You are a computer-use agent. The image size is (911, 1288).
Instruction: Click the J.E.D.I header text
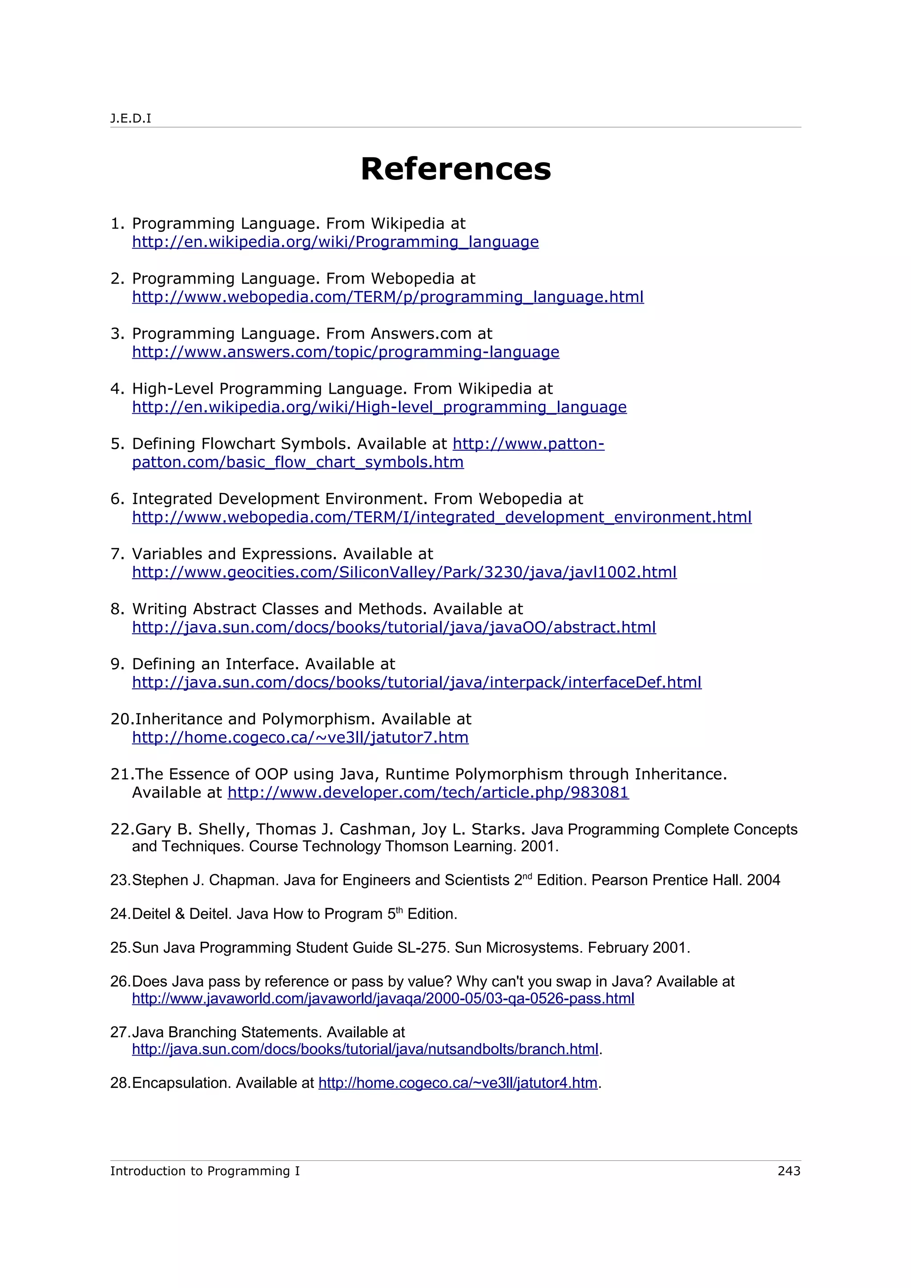[130, 118]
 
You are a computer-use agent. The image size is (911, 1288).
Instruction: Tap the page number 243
[789, 1171]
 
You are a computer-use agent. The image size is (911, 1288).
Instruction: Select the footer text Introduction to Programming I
[205, 1171]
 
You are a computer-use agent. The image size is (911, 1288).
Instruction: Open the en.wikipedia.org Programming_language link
[335, 242]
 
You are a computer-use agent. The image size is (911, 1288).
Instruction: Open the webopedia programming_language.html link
[388, 297]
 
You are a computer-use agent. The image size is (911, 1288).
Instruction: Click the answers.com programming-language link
[346, 352]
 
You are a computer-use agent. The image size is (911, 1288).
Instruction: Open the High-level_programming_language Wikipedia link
[379, 407]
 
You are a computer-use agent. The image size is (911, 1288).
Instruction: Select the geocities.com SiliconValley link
[404, 572]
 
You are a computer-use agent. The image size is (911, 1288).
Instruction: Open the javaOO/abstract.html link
[394, 627]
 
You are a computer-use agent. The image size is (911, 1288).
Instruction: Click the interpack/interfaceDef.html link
[416, 682]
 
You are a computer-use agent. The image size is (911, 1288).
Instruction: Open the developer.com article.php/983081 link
[428, 792]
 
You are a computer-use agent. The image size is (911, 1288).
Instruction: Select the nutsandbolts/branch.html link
[365, 1048]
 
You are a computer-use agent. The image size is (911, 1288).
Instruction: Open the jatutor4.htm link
[457, 1082]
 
